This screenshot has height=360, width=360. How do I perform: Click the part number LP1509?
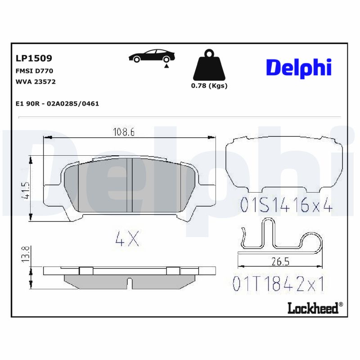34,58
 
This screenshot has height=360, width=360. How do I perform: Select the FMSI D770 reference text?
35,71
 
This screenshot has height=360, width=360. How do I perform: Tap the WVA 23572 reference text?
36,82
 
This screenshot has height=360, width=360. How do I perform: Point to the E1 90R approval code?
57,103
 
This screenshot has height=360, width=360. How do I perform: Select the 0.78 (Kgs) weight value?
209,86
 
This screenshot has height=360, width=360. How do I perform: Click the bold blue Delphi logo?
299,67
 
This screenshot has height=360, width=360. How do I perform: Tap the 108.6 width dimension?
123,132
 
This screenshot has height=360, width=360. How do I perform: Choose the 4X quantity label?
127,239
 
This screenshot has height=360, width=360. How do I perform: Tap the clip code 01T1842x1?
279,284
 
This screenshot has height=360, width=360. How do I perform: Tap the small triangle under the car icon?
166,66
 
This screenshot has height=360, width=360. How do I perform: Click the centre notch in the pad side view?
130,283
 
